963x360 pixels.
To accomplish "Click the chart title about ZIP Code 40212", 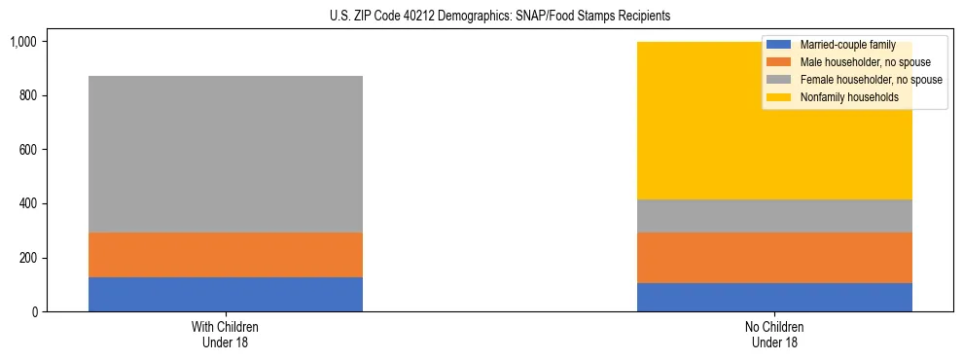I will [x=481, y=16].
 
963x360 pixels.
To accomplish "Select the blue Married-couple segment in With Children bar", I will [x=226, y=294].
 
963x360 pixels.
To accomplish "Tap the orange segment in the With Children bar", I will [x=226, y=255].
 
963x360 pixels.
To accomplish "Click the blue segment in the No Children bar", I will [x=774, y=297].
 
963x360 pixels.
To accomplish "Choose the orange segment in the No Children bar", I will [x=774, y=258].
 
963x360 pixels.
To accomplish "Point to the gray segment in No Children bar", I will [x=774, y=216].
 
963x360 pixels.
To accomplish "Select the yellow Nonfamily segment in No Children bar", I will [x=681, y=122].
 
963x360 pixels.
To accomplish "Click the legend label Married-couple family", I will [x=847, y=45].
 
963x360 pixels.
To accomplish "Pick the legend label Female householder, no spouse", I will [x=871, y=80].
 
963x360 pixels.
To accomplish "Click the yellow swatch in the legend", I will [x=779, y=97].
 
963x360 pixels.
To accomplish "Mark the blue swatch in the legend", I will [x=779, y=45].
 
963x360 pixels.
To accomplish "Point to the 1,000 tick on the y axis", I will [x=23, y=42].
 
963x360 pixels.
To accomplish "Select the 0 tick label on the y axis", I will [x=33, y=312].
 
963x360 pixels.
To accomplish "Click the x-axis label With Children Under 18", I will [x=226, y=334].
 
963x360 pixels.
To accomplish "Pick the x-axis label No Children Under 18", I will [x=774, y=334].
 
